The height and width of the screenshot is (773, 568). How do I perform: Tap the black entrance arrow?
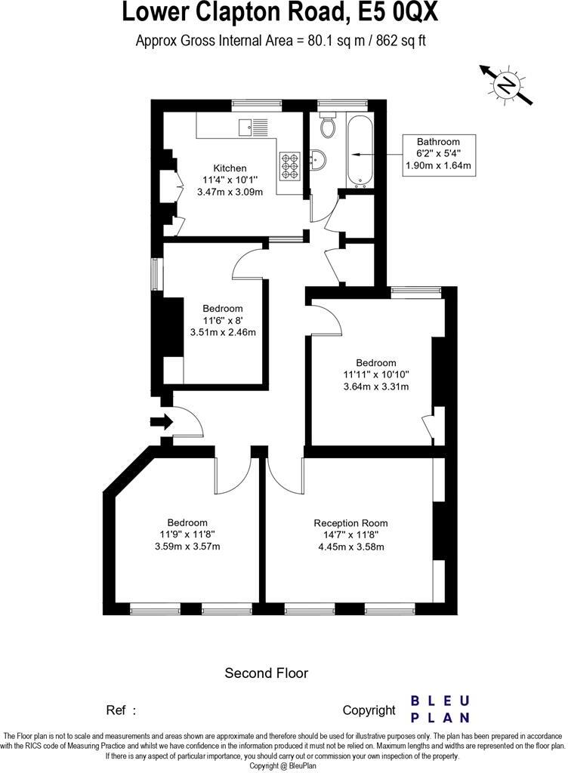point(161,422)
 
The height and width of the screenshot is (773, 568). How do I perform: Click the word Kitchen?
point(230,168)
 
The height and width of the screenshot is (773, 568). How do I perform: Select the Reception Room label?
point(350,523)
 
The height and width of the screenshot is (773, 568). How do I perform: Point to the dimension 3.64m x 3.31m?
point(375,387)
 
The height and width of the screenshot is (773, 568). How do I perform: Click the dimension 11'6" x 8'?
point(222,320)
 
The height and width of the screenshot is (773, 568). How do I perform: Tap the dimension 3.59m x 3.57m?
point(187,547)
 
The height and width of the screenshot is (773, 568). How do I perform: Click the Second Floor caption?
point(267,673)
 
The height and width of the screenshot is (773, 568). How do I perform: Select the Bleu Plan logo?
point(440,709)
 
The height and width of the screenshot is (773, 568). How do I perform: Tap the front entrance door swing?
point(189,423)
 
